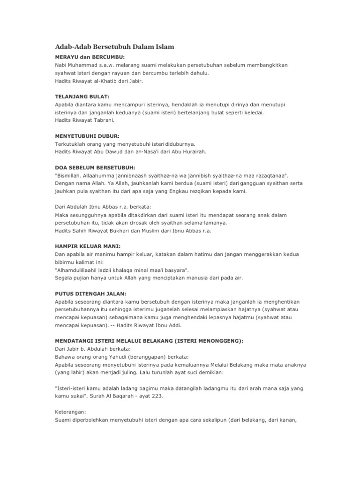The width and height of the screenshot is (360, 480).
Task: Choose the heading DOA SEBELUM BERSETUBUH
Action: click(x=95, y=167)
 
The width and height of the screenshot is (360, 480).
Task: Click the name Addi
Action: click(x=173, y=325)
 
